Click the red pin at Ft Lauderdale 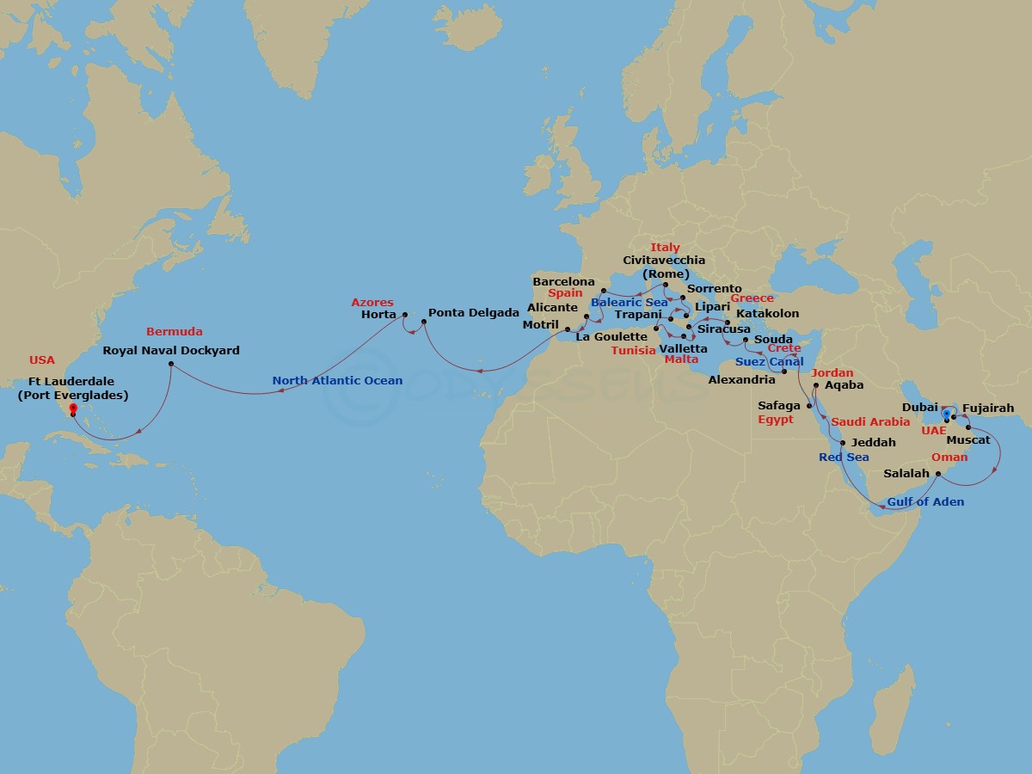(x=72, y=409)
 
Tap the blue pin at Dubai (x=946, y=415)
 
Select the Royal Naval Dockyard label (x=171, y=351)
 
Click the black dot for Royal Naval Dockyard (x=171, y=365)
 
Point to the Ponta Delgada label (x=473, y=313)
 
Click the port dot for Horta (x=403, y=315)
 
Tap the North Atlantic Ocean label (x=337, y=381)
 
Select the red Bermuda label (x=175, y=332)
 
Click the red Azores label (x=372, y=303)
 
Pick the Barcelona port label (x=563, y=282)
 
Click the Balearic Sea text (x=629, y=303)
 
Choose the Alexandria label (x=741, y=379)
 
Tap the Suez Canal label (x=769, y=362)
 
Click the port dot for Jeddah (x=843, y=443)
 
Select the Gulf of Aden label (x=925, y=501)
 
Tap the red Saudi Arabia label (x=870, y=422)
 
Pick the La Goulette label (x=611, y=337)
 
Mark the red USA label (x=41, y=360)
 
